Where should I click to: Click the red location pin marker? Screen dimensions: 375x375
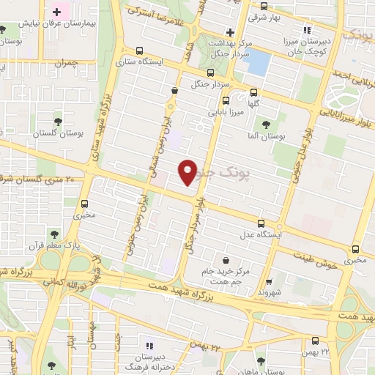pyautogui.click(x=188, y=172)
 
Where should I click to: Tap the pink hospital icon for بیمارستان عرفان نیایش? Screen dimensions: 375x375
pyautogui.click(x=56, y=12)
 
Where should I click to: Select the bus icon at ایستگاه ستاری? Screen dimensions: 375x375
pyautogui.click(x=139, y=51)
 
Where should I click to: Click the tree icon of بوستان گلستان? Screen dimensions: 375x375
pyautogui.click(x=58, y=122)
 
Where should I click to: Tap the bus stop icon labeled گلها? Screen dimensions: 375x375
pyautogui.click(x=253, y=93)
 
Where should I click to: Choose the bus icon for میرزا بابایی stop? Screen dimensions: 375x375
pyautogui.click(x=225, y=100)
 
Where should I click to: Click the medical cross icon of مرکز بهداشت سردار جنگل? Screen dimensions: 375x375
pyautogui.click(x=230, y=32)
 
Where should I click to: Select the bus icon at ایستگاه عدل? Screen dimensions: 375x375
pyautogui.click(x=261, y=223)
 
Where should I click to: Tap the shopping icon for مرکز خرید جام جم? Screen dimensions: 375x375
pyautogui.click(x=225, y=259)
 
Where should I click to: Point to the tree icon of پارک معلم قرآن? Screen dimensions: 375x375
pyautogui.click(x=53, y=234)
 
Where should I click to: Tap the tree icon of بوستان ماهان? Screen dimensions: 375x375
pyautogui.click(x=261, y=361)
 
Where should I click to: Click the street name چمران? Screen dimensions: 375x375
pyautogui.click(x=65, y=64)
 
